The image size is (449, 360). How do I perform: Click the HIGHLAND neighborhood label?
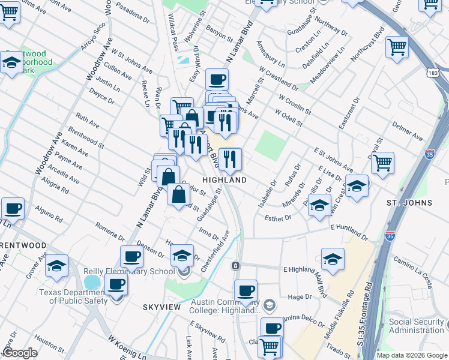(224, 180)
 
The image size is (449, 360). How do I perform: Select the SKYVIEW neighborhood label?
(161, 307)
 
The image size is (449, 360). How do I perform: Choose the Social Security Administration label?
(416, 326)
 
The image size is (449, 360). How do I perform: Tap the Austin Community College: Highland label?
(224, 306)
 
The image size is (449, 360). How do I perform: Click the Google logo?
(20, 353)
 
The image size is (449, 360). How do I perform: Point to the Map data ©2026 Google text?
(411, 355)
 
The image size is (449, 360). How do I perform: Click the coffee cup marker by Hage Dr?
(245, 292)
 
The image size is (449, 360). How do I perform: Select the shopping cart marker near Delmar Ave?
(382, 162)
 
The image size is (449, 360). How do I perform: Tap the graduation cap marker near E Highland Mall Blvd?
(332, 259)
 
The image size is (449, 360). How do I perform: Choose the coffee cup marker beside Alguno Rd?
(13, 209)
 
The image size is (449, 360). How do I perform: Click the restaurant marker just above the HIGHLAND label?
(230, 159)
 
